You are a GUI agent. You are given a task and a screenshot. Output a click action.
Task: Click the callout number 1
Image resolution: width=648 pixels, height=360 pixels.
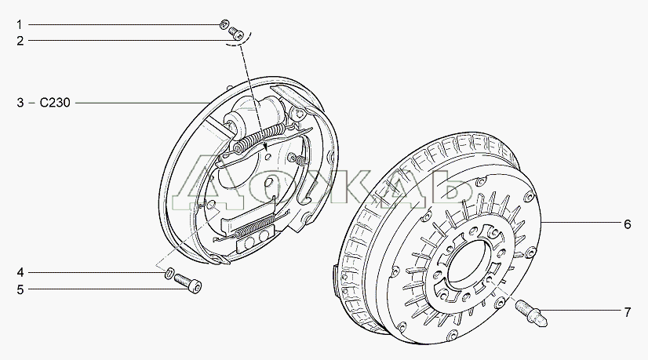pos(19,25)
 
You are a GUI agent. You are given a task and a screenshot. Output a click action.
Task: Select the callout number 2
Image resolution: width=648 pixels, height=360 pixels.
pos(20,41)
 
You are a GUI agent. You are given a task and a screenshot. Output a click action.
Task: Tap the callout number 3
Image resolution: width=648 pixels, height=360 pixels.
pos(20,103)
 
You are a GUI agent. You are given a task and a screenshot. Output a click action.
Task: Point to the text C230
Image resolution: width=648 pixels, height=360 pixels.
pos(55,103)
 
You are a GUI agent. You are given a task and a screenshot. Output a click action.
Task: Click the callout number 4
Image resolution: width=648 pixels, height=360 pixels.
pos(20,272)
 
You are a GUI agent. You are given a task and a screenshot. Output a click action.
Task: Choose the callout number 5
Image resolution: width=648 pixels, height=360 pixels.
pos(20,289)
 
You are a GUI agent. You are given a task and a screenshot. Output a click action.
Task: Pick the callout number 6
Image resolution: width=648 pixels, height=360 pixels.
pos(628,224)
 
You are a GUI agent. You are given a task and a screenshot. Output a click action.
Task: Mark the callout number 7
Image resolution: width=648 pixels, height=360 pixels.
pos(628,312)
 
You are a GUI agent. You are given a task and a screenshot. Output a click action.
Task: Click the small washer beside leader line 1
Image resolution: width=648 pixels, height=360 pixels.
pos(224,24)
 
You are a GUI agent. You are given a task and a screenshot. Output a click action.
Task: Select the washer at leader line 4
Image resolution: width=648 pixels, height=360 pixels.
pos(169,273)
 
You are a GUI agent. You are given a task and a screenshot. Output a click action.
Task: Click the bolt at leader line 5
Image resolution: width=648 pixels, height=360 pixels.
pos(188,283)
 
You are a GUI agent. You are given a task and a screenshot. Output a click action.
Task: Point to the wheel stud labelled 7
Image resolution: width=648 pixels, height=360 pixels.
pos(531,313)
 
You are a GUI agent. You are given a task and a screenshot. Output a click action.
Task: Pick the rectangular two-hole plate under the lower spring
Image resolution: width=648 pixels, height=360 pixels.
pos(254,242)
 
